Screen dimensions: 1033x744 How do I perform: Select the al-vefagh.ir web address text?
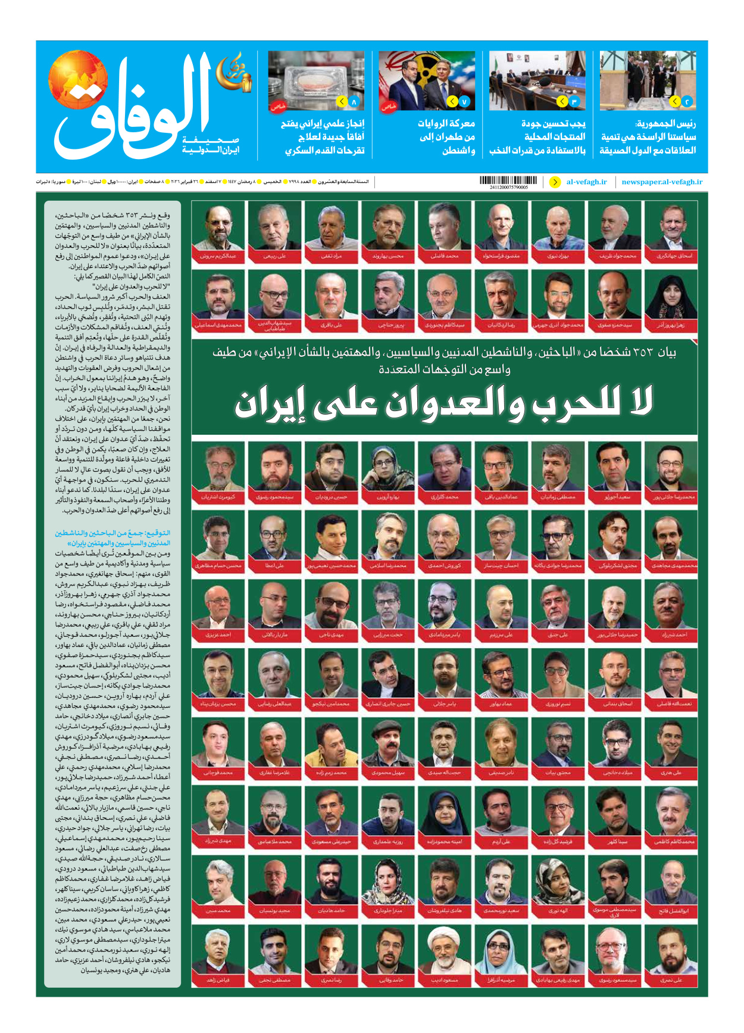586,182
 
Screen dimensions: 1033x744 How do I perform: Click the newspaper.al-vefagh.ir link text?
662,182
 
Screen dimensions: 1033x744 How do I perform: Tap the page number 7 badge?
464,102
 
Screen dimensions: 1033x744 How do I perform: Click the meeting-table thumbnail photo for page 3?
537,80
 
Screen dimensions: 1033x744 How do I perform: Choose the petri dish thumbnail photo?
315,80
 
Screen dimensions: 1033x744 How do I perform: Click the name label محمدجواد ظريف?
614,256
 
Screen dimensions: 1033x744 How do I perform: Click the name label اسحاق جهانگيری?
671,256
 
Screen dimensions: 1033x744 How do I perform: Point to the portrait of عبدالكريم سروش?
218,226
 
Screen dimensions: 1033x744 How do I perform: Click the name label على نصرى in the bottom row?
671,980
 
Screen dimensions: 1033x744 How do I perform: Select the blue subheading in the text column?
113,538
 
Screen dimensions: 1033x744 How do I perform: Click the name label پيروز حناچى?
388,325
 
